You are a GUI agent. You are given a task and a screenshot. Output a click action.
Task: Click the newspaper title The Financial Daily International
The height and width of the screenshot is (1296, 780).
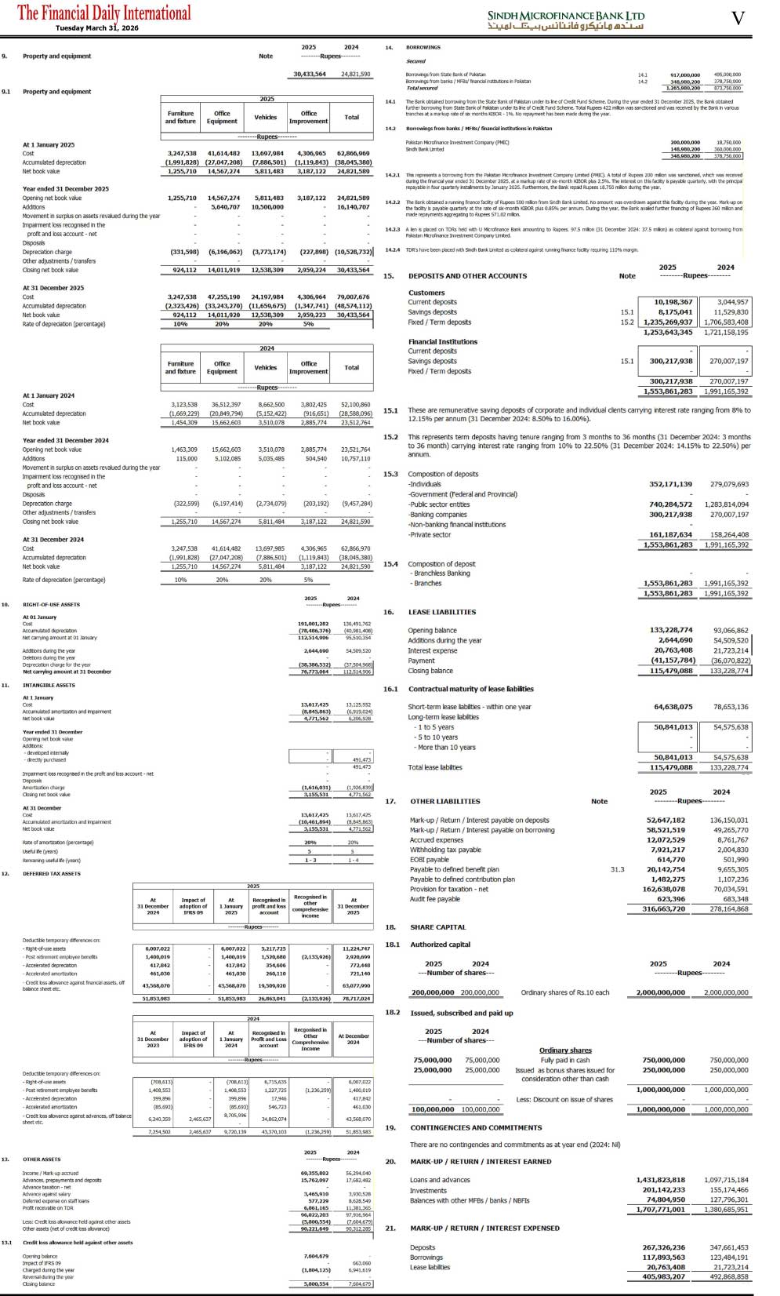103,13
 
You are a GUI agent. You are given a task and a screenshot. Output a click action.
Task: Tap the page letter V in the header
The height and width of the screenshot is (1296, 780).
737,18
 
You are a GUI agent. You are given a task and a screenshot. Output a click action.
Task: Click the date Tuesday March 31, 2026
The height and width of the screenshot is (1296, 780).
96,28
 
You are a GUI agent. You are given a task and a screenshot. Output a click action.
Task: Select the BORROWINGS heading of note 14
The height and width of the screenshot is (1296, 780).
423,48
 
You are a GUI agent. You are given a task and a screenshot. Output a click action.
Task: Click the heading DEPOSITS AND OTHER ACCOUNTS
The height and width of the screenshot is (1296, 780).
467,276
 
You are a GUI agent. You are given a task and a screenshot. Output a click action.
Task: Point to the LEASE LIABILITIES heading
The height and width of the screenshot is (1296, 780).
441,612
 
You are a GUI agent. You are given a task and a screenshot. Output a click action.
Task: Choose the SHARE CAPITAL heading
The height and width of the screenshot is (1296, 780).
437,927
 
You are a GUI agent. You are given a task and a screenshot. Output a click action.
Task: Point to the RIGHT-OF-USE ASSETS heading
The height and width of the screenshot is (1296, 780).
51,605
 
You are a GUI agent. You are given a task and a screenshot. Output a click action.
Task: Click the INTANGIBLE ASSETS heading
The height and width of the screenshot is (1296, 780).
49,685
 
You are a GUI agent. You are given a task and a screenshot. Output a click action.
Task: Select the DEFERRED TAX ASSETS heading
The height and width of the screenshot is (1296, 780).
51,873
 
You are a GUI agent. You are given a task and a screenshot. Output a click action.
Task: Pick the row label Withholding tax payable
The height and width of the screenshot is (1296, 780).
445,850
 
